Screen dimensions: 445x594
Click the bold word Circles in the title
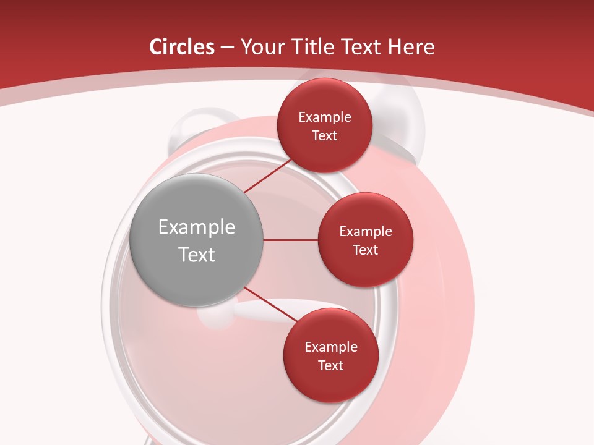(182, 47)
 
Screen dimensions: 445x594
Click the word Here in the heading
(411, 47)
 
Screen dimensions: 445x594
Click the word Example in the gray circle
(197, 227)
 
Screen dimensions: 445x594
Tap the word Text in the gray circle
(197, 255)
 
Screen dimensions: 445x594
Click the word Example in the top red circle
(325, 117)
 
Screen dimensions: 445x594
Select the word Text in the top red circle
(325, 136)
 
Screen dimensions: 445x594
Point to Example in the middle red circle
(366, 232)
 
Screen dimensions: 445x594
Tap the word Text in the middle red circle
(366, 250)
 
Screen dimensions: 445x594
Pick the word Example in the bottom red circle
(331, 347)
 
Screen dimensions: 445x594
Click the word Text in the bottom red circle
(331, 366)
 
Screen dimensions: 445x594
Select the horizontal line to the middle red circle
(290, 240)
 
